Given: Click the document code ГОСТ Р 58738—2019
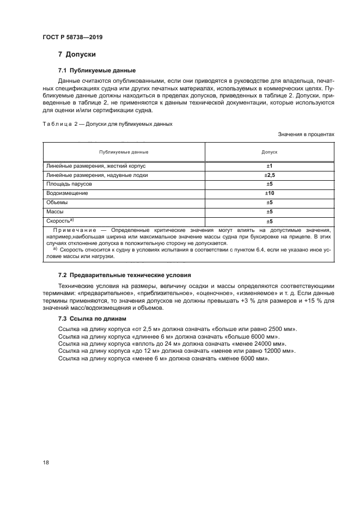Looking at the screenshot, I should pos(72,37).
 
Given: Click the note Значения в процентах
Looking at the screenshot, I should pos(306,134).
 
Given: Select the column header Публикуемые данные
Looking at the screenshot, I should pos(124,152).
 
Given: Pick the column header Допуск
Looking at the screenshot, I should pos(269,152).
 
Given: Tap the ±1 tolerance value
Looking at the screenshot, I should pos(269,165).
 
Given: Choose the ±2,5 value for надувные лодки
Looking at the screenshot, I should pos(269,175).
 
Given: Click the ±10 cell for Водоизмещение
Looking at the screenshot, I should pos(269,193).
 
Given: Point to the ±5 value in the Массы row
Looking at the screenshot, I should pos(269,212).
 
